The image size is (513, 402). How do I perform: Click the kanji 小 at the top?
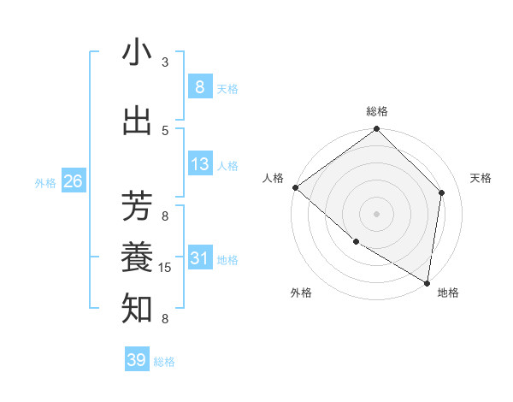pyautogui.click(x=137, y=52)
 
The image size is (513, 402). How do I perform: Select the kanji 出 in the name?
pyautogui.click(x=137, y=121)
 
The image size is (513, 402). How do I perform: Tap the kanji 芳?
pyautogui.click(x=137, y=206)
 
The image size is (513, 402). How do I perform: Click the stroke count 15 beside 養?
pyautogui.click(x=166, y=268)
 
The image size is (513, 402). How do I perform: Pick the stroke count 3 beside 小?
pyautogui.click(x=165, y=62)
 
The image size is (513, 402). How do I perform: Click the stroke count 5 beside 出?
pyautogui.click(x=165, y=130)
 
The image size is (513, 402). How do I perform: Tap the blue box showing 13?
pyautogui.click(x=199, y=164)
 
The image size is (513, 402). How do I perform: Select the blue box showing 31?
pyautogui.click(x=199, y=258)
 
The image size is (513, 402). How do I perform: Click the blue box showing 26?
pyautogui.click(x=73, y=181)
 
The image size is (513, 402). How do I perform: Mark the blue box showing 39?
pyautogui.click(x=136, y=360)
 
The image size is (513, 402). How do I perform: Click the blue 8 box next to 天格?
pyautogui.click(x=199, y=87)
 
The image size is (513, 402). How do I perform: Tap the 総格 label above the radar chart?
pyautogui.click(x=377, y=111)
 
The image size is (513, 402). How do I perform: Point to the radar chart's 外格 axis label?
pyautogui.click(x=301, y=293)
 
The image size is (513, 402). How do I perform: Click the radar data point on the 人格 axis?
pyautogui.click(x=295, y=187)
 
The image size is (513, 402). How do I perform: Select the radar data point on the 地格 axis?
pyautogui.click(x=427, y=282)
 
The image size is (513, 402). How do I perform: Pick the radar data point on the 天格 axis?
pyautogui.click(x=442, y=192)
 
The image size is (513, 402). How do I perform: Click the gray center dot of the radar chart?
pyautogui.click(x=376, y=214)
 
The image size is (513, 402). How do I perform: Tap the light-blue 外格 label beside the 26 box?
pyautogui.click(x=44, y=182)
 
